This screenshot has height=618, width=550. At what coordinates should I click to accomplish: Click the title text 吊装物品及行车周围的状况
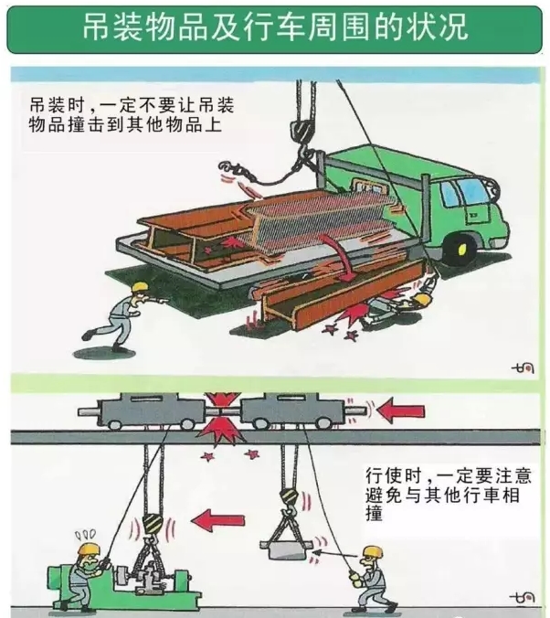[275, 27]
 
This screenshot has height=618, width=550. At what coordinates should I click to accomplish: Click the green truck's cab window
[473, 191]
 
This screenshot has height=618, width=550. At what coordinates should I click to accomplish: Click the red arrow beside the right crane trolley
[401, 410]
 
